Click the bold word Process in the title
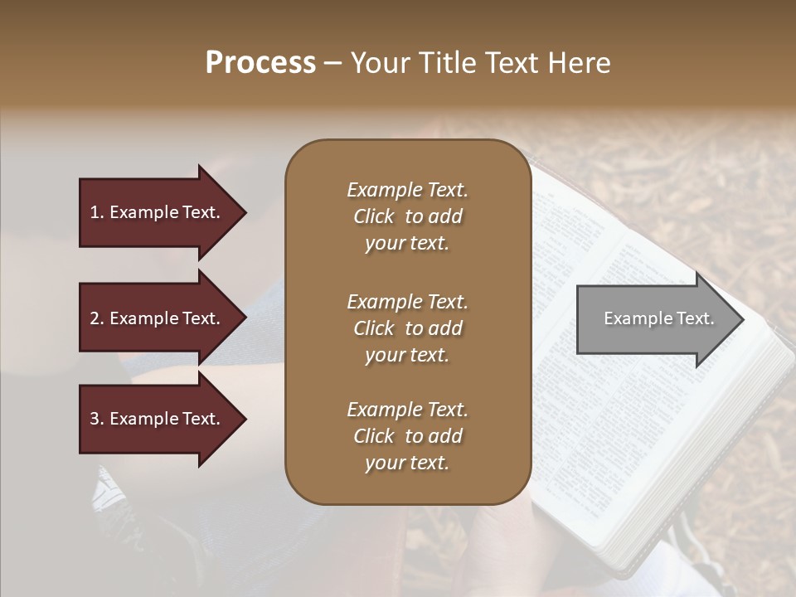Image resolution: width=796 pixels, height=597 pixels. (260, 63)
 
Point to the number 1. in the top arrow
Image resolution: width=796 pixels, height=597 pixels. (96, 213)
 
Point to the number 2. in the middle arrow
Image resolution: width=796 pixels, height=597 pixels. (96, 319)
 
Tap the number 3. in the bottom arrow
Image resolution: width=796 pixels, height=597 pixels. (96, 420)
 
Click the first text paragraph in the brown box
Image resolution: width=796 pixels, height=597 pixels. (407, 216)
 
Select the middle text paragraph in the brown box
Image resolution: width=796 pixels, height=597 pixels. (407, 328)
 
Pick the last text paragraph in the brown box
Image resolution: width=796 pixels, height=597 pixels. (407, 436)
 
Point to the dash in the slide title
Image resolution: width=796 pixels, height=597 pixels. (333, 64)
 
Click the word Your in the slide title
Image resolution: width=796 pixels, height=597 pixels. (378, 63)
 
